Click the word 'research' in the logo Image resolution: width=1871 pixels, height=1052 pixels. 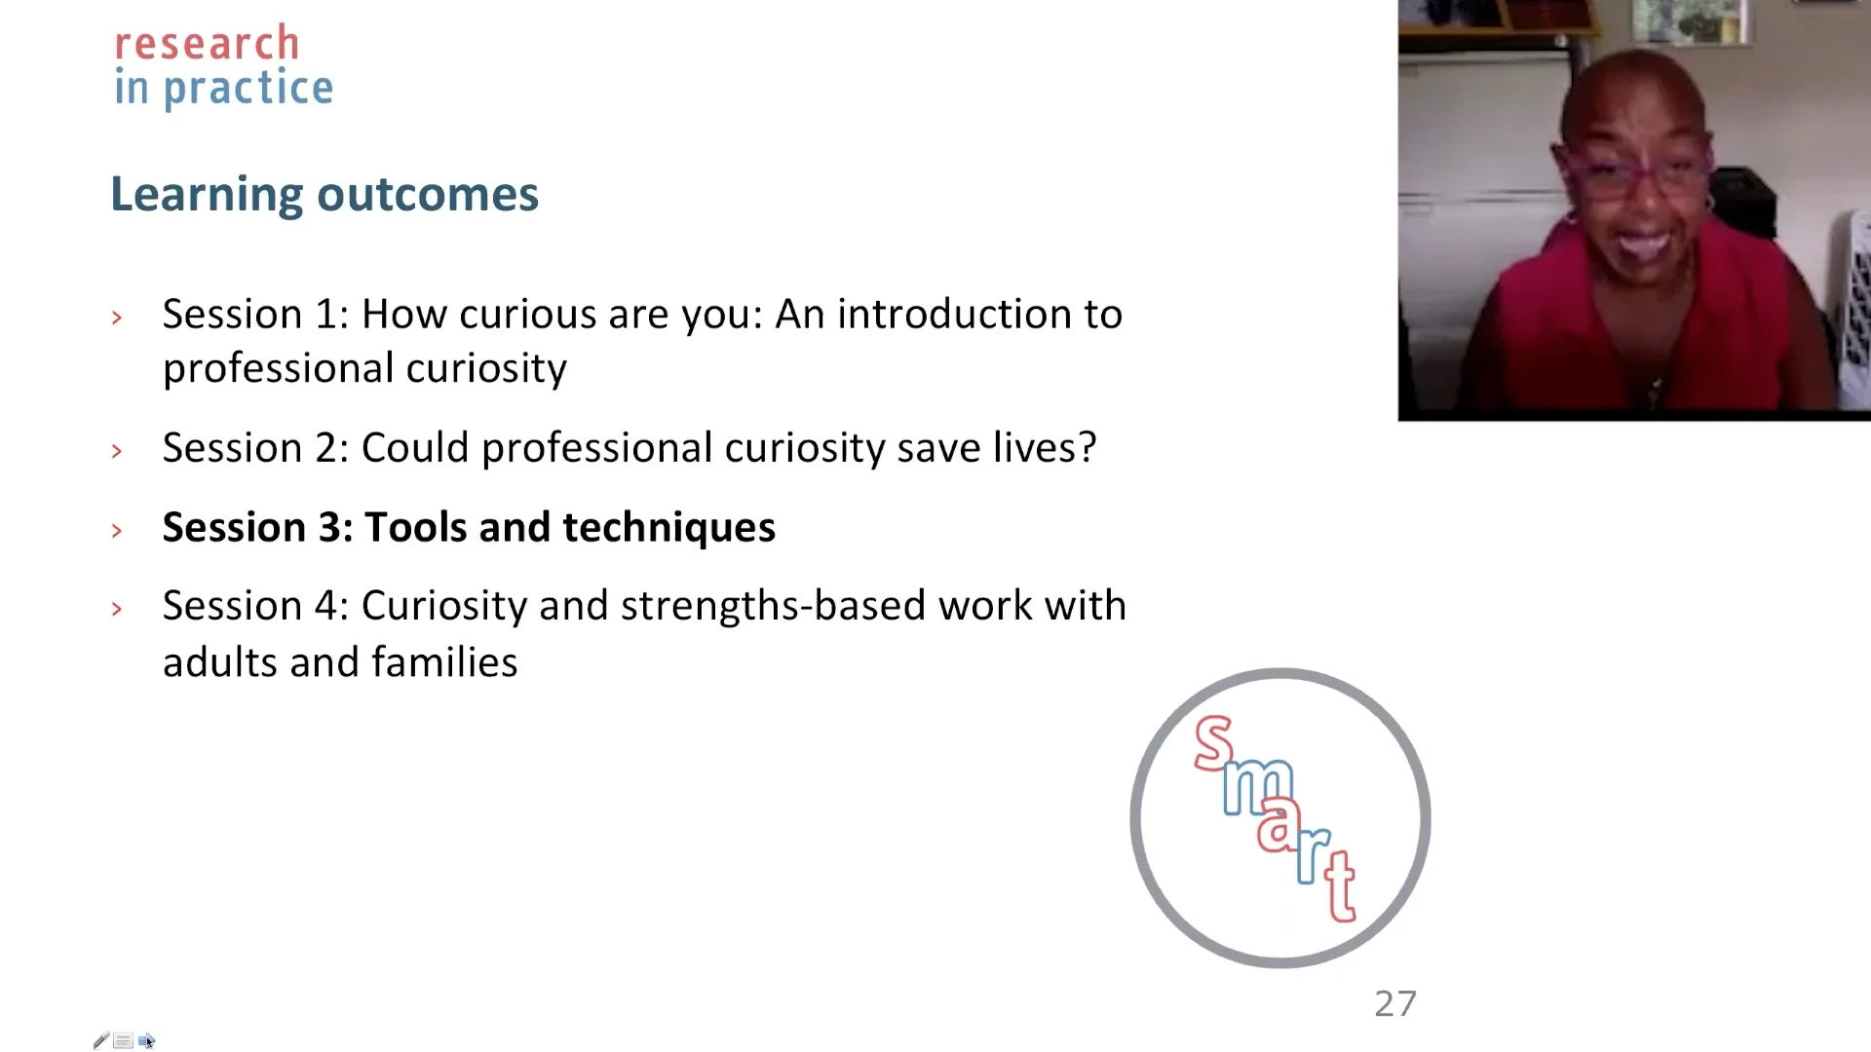207,44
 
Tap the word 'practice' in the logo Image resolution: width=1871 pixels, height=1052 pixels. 248,90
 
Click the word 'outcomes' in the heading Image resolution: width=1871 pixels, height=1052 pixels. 428,194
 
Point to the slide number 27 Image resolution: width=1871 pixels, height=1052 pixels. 1395,1004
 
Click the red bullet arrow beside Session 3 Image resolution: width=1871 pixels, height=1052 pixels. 117,531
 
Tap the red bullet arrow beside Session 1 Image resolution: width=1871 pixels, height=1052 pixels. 117,318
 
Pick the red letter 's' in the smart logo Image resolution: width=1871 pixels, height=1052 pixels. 1214,743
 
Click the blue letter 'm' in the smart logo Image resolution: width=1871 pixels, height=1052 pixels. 1258,786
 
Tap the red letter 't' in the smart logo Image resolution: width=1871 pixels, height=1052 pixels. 1340,885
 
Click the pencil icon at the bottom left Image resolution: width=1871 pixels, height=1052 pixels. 101,1040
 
